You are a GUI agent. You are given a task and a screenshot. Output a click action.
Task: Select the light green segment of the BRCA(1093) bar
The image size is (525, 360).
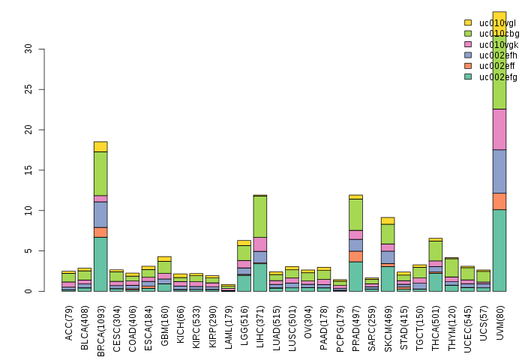(x=100, y=173)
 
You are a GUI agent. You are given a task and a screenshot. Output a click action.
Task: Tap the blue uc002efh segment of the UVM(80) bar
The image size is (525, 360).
(x=499, y=171)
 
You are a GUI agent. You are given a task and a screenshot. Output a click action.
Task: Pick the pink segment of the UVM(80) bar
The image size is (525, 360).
(x=499, y=129)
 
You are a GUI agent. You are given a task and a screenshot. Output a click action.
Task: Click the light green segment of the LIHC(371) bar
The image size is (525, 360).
(x=259, y=216)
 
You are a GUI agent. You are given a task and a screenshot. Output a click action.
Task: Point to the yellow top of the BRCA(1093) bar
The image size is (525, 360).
(x=100, y=146)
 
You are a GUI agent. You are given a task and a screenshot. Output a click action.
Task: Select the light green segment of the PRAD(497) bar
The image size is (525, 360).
(x=355, y=214)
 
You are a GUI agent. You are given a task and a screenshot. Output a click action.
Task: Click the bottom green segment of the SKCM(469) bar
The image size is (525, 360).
(x=388, y=278)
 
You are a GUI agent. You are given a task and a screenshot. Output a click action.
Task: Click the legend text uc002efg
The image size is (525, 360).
(x=498, y=76)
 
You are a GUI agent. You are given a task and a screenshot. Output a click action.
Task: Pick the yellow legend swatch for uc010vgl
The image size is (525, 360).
(x=468, y=22)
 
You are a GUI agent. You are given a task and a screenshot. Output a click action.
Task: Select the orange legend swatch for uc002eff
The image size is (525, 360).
(x=468, y=66)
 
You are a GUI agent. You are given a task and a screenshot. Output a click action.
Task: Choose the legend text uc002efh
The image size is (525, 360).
(x=498, y=55)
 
